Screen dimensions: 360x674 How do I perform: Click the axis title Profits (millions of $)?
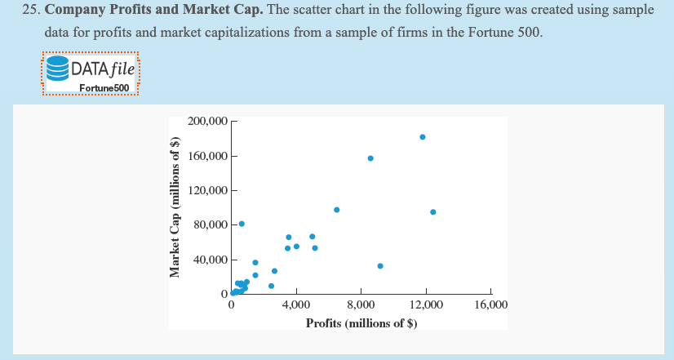click(361, 323)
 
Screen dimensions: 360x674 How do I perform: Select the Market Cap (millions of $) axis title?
click(174, 206)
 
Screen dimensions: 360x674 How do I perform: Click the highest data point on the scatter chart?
click(422, 136)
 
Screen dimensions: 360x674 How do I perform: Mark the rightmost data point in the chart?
click(432, 212)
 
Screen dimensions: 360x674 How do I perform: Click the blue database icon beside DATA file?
click(57, 68)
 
